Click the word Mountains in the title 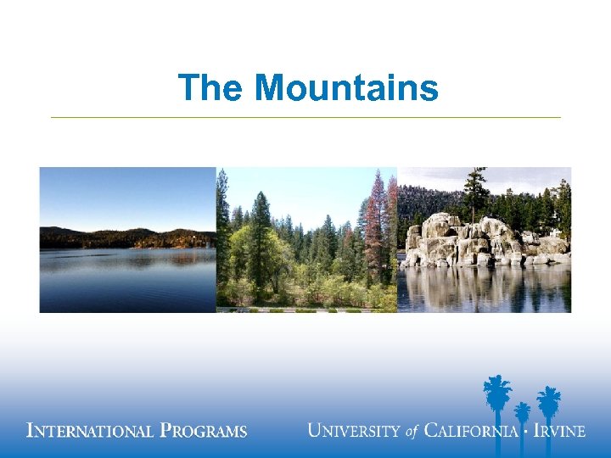(x=346, y=87)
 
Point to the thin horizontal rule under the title (x=305, y=117)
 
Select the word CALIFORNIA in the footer (x=471, y=430)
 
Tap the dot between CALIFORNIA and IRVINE (x=525, y=430)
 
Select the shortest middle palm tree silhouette (x=523, y=413)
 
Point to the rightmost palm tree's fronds (x=549, y=398)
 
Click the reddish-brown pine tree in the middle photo (x=374, y=221)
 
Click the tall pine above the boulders (x=476, y=191)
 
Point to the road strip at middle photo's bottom (x=305, y=310)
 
